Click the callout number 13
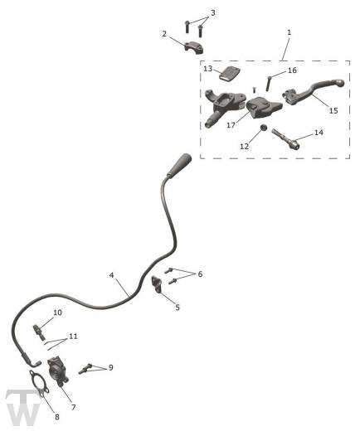(x=207, y=68)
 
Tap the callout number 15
(x=333, y=110)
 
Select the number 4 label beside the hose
(x=111, y=275)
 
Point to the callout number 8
(x=57, y=417)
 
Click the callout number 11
(x=73, y=337)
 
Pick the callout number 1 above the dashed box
(x=289, y=32)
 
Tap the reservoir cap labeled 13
(x=230, y=74)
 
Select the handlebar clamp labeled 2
(x=194, y=47)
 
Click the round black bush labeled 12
(x=264, y=128)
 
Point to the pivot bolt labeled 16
(x=269, y=84)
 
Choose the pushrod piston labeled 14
(x=285, y=139)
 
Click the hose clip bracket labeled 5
(x=157, y=284)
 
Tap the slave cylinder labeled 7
(x=57, y=370)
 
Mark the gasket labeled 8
(x=39, y=384)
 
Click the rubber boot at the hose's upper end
(x=179, y=165)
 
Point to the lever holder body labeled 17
(x=264, y=108)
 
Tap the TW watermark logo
(x=23, y=407)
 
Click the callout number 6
(x=200, y=274)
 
